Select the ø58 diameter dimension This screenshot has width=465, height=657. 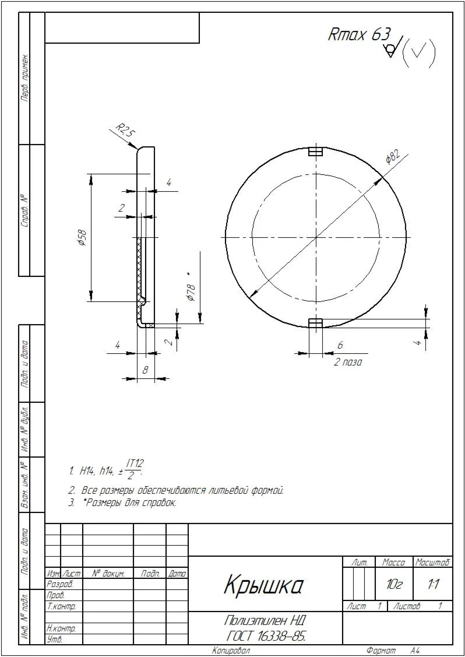[x=83, y=239]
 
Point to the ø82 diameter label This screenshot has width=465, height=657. [x=392, y=157]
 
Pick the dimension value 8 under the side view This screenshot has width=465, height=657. [x=145, y=369]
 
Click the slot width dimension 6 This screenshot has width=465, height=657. [x=340, y=345]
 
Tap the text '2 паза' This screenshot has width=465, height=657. [x=348, y=362]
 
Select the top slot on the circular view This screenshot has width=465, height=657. [x=316, y=152]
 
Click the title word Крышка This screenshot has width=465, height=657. [x=263, y=585]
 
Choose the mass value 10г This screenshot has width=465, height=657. [x=394, y=584]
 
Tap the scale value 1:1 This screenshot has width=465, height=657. [x=433, y=584]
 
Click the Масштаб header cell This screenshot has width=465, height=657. [x=432, y=563]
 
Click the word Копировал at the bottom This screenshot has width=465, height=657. [x=231, y=651]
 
